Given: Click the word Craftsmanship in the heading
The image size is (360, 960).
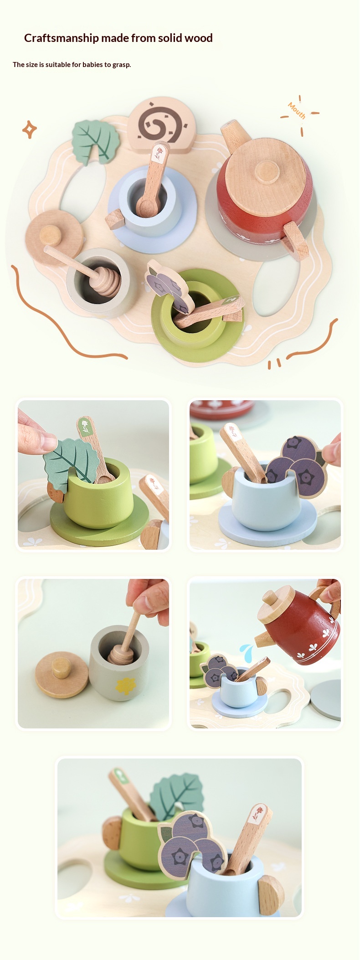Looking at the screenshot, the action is [62, 38].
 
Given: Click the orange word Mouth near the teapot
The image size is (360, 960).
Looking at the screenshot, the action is [297, 110].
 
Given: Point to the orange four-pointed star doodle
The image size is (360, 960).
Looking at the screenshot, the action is [30, 130].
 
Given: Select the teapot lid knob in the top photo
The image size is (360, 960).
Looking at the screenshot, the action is [267, 173].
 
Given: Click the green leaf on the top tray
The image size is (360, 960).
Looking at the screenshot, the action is [95, 141].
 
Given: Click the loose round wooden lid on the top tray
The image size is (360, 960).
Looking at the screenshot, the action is [54, 237].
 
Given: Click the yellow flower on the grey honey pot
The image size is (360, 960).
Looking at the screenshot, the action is [124, 685].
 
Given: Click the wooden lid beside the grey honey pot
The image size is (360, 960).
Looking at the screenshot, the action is [62, 674].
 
